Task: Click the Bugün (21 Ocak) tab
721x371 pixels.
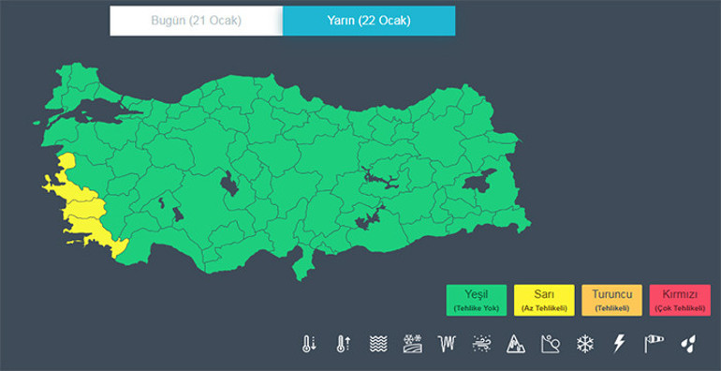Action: click(196, 21)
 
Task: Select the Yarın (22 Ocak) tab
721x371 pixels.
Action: click(369, 21)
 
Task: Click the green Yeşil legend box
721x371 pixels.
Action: click(476, 300)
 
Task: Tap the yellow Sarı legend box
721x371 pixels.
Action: click(544, 300)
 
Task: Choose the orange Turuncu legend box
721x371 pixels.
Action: click(612, 300)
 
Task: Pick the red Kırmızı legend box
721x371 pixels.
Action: click(680, 300)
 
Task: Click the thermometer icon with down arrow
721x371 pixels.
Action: click(309, 344)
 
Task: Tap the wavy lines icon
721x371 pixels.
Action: click(377, 344)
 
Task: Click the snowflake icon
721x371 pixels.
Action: click(585, 344)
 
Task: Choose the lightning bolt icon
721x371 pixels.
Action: click(619, 344)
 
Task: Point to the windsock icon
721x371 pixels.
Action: click(654, 344)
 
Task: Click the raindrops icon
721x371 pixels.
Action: click(688, 344)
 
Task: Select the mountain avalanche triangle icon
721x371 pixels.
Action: click(516, 344)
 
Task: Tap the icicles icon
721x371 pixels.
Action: click(447, 344)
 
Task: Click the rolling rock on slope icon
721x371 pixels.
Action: click(551, 344)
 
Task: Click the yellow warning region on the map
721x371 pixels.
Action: click(80, 212)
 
